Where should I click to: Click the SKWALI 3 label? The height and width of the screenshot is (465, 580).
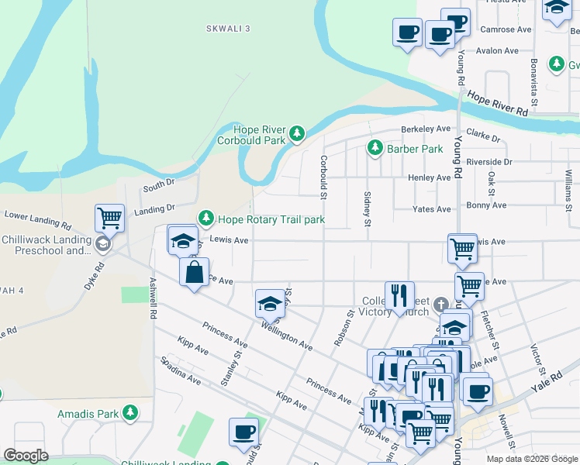click(x=229, y=29)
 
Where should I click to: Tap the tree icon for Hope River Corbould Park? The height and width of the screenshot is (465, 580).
click(x=296, y=135)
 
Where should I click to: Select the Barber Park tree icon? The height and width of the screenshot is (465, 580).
click(x=375, y=147)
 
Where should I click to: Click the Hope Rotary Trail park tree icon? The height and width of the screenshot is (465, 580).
click(x=206, y=219)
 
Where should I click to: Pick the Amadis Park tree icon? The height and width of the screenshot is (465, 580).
click(x=130, y=413)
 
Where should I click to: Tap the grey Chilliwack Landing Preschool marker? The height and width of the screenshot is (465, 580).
click(x=102, y=245)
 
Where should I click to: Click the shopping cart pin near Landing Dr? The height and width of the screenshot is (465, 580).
click(x=109, y=218)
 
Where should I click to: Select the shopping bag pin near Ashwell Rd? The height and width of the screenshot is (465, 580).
click(x=194, y=272)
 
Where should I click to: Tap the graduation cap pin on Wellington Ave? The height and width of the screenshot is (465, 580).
click(x=269, y=302)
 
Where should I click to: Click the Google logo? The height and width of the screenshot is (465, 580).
click(x=26, y=456)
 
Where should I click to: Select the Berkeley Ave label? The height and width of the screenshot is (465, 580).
click(x=425, y=129)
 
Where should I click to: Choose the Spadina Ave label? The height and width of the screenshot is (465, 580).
click(x=180, y=371)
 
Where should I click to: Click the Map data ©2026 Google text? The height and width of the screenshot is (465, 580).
click(x=532, y=459)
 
